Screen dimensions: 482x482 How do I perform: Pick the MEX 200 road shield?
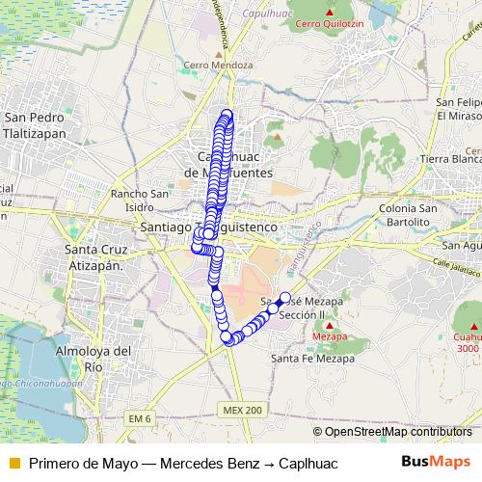[241, 410]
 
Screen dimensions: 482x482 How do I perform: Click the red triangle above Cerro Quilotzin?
[328, 12]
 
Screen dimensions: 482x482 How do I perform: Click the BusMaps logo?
[438, 462]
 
